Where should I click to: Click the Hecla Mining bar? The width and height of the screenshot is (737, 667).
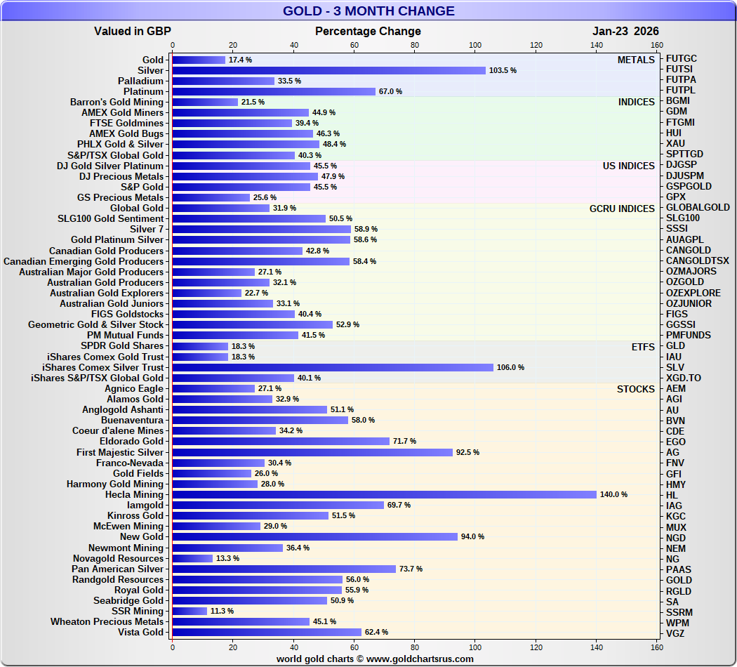click(x=384, y=494)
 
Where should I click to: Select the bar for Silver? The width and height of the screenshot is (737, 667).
click(x=328, y=70)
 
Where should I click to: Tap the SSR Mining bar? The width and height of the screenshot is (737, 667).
click(x=190, y=611)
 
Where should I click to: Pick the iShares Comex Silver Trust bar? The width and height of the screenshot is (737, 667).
click(x=333, y=367)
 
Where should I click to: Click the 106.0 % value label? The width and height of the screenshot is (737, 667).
click(x=510, y=367)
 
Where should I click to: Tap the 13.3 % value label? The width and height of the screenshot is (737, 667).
click(x=227, y=558)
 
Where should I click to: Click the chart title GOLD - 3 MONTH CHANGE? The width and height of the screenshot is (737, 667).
click(x=368, y=11)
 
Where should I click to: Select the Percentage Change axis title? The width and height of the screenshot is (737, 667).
click(x=368, y=31)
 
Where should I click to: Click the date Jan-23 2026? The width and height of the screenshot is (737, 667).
click(x=625, y=31)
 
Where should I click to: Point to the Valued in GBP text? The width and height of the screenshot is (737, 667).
click(x=133, y=31)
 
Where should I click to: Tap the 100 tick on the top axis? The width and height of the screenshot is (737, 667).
click(x=475, y=46)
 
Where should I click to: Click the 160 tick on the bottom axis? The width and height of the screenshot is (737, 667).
click(x=657, y=647)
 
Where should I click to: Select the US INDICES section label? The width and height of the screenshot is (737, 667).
click(x=628, y=166)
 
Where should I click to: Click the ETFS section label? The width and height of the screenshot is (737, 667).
click(x=643, y=346)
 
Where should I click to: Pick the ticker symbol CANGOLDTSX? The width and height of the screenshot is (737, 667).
click(x=697, y=261)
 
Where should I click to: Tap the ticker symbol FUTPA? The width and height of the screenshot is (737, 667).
click(x=681, y=80)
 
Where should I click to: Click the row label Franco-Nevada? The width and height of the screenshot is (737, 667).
click(x=129, y=463)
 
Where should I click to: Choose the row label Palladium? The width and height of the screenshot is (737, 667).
click(x=140, y=81)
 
